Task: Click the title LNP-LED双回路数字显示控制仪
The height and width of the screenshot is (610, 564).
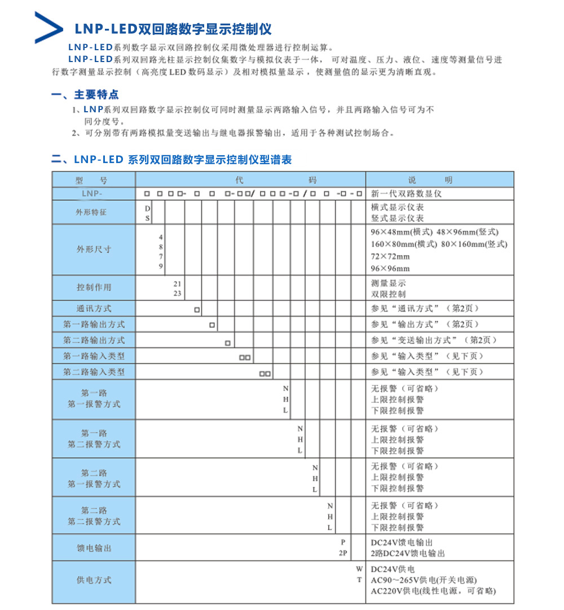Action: [173, 29]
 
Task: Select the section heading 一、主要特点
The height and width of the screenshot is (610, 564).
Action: [85, 95]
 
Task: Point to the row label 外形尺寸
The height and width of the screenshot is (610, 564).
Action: [94, 249]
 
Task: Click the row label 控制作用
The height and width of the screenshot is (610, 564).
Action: [94, 288]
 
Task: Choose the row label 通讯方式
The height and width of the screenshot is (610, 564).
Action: [94, 309]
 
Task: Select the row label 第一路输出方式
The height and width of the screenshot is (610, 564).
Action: [94, 324]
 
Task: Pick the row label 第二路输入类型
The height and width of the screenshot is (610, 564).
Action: [94, 372]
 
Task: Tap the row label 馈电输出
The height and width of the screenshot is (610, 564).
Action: [94, 548]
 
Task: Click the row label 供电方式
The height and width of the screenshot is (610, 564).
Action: [94, 580]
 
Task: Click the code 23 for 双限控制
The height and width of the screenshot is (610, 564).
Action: [177, 293]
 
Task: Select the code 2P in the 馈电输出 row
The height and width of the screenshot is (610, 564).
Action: [343, 553]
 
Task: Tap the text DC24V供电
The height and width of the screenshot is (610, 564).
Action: [393, 569]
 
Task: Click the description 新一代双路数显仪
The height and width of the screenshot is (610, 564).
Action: [406, 194]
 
